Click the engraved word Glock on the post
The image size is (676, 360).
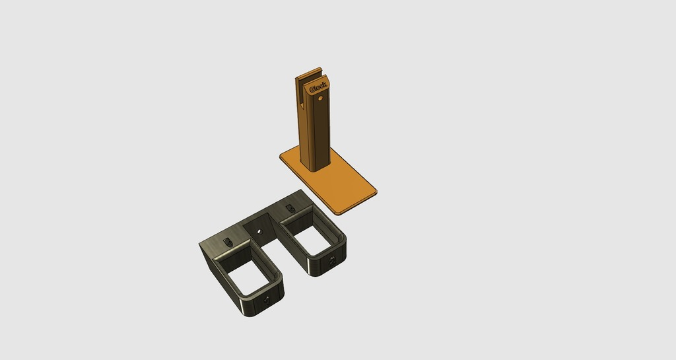[318, 87]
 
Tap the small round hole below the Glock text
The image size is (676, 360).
[320, 98]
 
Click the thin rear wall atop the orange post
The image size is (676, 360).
[309, 73]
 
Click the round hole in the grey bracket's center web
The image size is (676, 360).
[259, 232]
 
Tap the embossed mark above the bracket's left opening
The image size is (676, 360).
[228, 242]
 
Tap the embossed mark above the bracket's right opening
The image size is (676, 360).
[291, 209]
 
